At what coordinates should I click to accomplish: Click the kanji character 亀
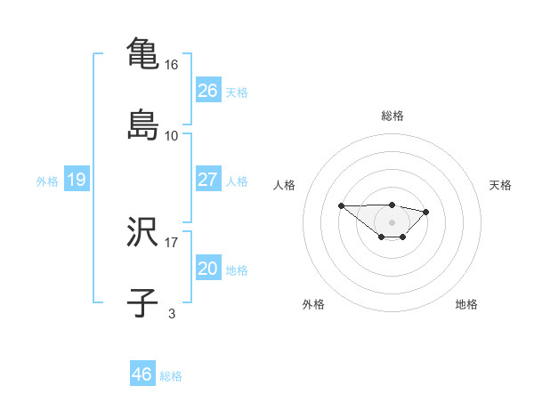(142, 53)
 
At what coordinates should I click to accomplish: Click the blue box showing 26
(207, 90)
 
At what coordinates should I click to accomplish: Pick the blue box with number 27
(207, 180)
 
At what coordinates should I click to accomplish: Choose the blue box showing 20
(207, 269)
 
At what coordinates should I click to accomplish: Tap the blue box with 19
(76, 180)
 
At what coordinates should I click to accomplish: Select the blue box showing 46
(142, 374)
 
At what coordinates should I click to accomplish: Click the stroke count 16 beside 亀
(172, 66)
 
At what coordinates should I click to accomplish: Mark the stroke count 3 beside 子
(172, 313)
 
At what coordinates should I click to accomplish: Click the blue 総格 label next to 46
(171, 376)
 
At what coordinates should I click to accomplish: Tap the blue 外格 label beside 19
(47, 181)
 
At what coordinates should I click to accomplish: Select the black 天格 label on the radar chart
(501, 185)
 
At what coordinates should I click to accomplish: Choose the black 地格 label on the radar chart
(466, 304)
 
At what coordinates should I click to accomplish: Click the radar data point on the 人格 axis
(342, 205)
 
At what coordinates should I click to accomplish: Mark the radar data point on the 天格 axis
(426, 212)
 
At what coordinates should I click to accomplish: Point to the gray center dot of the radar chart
(392, 221)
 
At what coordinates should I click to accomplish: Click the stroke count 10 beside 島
(172, 135)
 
